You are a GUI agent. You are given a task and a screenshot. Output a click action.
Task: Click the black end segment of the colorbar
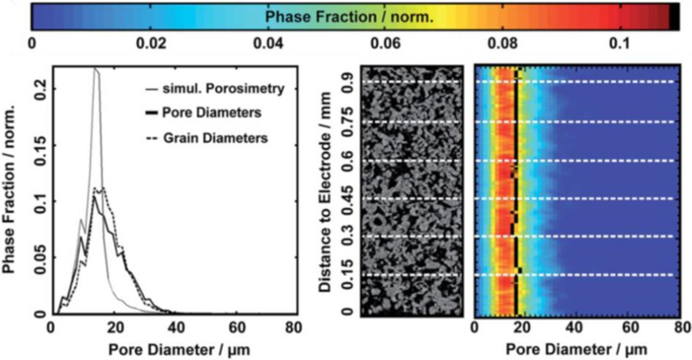pos(674,16)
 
